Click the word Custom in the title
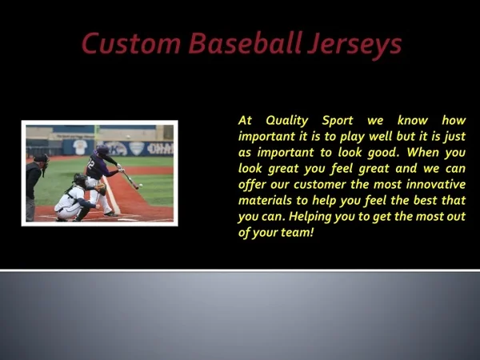pos(131,43)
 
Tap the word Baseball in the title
pos(246,43)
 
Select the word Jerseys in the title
pos(354,46)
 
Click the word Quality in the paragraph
pos(287,121)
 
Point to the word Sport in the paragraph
pos(338,121)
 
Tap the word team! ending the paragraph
pos(298,233)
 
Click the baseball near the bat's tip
pos(141,186)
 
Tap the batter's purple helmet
pos(102,150)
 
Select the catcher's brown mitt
pos(101,189)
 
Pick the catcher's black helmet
pos(80,179)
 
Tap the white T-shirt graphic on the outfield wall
pos(80,147)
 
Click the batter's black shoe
pos(111,214)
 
